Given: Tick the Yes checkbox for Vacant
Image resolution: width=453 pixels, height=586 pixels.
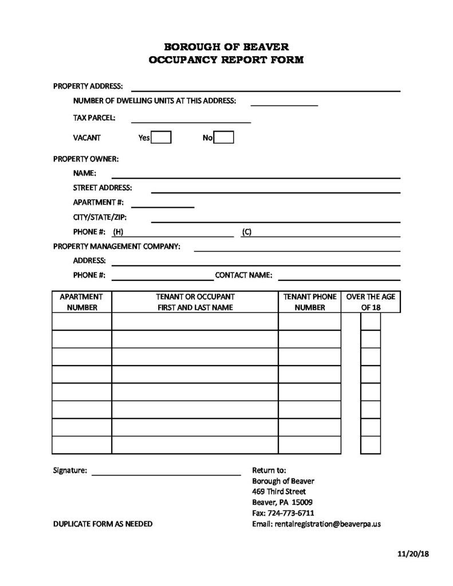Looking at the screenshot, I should pos(161,137).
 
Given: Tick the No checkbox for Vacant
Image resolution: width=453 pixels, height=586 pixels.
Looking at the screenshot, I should pos(224,137).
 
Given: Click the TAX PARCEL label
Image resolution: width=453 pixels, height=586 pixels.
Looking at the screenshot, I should pos(94,118).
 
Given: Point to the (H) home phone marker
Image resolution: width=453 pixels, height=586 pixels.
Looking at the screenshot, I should pos(119,232).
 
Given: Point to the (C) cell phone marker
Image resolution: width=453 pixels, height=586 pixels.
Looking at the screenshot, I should pos(247,232).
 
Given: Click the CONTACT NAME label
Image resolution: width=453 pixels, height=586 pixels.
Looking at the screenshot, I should pos(243,275).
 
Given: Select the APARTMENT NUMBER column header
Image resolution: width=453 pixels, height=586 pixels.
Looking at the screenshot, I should pos(82,302).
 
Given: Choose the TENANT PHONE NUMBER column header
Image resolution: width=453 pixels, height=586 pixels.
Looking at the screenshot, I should pos(310,302).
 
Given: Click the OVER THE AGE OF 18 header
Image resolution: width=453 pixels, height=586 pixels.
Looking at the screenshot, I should pos(371,302).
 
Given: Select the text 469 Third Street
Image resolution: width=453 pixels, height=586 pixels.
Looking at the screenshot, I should pos(279,492).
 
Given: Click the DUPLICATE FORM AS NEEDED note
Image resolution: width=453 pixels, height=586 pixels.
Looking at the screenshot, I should pos(103,524).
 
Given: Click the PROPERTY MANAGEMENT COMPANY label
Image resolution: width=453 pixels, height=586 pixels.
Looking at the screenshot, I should pos(117,246).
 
